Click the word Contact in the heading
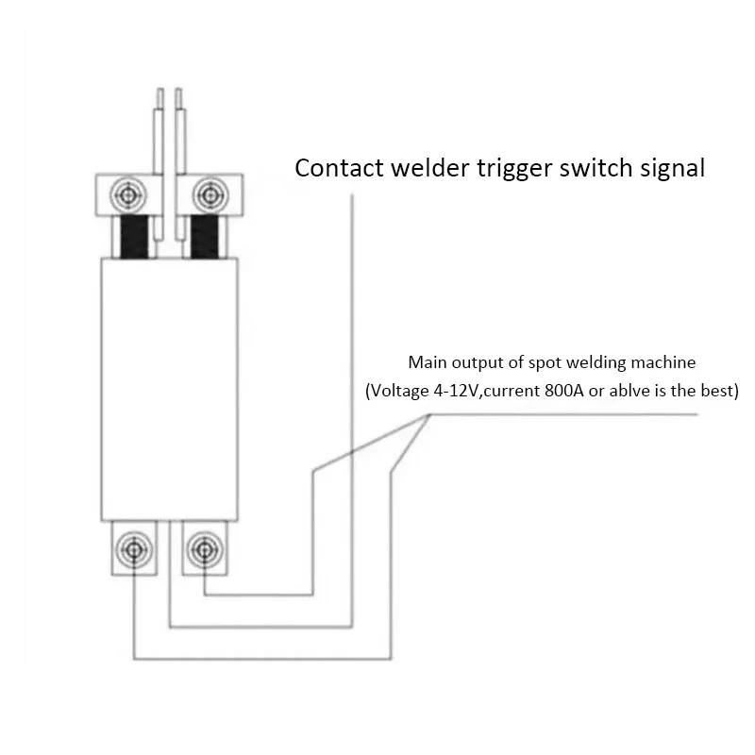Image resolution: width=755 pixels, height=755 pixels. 340,168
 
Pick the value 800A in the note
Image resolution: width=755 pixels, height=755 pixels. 564,390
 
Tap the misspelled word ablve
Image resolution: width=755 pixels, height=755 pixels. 629,390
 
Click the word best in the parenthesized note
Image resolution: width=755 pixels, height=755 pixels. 717,390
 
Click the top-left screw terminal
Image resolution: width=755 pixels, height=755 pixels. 128,195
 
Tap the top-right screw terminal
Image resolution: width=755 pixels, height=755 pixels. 210,195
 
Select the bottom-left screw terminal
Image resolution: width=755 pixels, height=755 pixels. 134,549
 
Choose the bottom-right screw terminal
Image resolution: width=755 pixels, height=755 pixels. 205,549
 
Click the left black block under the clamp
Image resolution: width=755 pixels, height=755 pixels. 134,237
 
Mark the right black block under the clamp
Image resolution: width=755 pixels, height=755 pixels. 205,237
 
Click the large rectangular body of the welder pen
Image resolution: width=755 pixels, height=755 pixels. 170,390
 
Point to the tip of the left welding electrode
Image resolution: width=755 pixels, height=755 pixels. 159,89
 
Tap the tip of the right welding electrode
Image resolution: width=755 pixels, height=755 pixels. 178,89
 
